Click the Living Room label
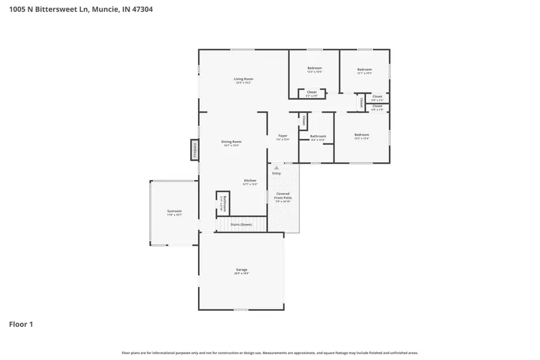point(243,79)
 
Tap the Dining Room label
point(232,142)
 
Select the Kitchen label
point(250,181)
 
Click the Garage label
point(241,270)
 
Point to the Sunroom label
point(174,211)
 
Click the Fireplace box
point(194,150)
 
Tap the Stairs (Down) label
point(241,224)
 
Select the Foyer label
point(282,136)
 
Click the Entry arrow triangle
point(276,168)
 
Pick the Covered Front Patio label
point(283,197)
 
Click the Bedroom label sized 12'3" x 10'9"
point(314,68)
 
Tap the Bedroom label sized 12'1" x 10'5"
point(364,70)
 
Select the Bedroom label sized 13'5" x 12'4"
point(361,135)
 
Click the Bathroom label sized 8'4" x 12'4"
point(317,136)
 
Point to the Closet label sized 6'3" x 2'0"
point(311,92)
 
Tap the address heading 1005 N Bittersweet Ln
point(76,9)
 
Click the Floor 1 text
point(21,325)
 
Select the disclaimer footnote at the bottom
point(269,353)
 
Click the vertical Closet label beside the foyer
point(304,120)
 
